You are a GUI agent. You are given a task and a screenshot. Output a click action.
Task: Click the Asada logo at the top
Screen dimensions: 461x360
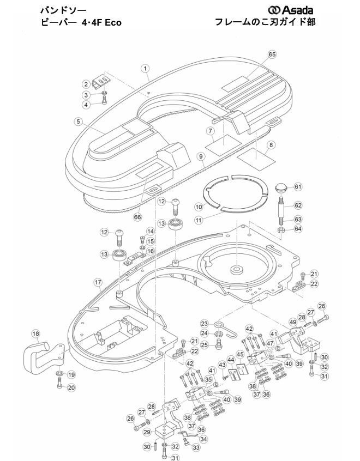pos(290,10)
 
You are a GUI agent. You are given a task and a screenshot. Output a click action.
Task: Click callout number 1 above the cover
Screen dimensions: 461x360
pos(145,69)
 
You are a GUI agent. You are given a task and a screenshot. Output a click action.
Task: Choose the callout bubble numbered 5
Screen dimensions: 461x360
pos(79,121)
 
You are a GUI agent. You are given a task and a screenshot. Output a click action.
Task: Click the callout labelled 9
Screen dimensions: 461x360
pos(201,156)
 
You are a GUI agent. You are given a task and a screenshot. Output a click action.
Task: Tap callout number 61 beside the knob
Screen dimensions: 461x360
pos(298,187)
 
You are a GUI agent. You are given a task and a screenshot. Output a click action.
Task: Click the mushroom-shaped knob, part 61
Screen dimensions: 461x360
pos(281,189)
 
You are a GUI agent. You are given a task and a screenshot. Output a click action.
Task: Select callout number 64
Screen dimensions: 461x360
pos(298,229)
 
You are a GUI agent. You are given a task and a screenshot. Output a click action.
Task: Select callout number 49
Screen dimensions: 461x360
pos(293,322)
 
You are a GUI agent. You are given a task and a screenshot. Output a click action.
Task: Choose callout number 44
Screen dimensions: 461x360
pos(231,360)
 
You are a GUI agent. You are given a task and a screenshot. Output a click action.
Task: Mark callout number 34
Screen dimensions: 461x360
pos(203,439)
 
